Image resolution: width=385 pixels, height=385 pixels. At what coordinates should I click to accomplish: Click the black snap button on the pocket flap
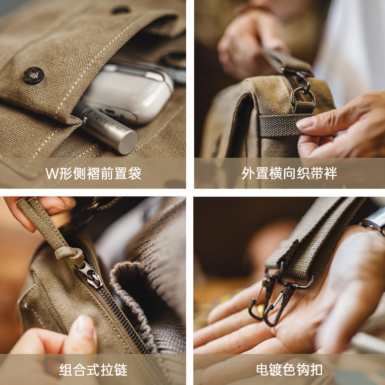point(33,75)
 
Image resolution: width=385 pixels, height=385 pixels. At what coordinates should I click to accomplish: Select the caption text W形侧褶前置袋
point(94,174)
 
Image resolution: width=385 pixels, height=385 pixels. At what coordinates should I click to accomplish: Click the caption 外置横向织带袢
point(290,174)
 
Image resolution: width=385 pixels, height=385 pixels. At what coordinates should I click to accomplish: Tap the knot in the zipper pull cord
point(69,254)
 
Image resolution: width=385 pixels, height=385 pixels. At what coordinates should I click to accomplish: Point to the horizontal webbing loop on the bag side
point(280,126)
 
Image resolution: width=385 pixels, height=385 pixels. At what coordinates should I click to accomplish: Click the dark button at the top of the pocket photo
point(121,10)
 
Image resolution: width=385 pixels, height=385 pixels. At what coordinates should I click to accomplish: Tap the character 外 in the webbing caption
point(248,174)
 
